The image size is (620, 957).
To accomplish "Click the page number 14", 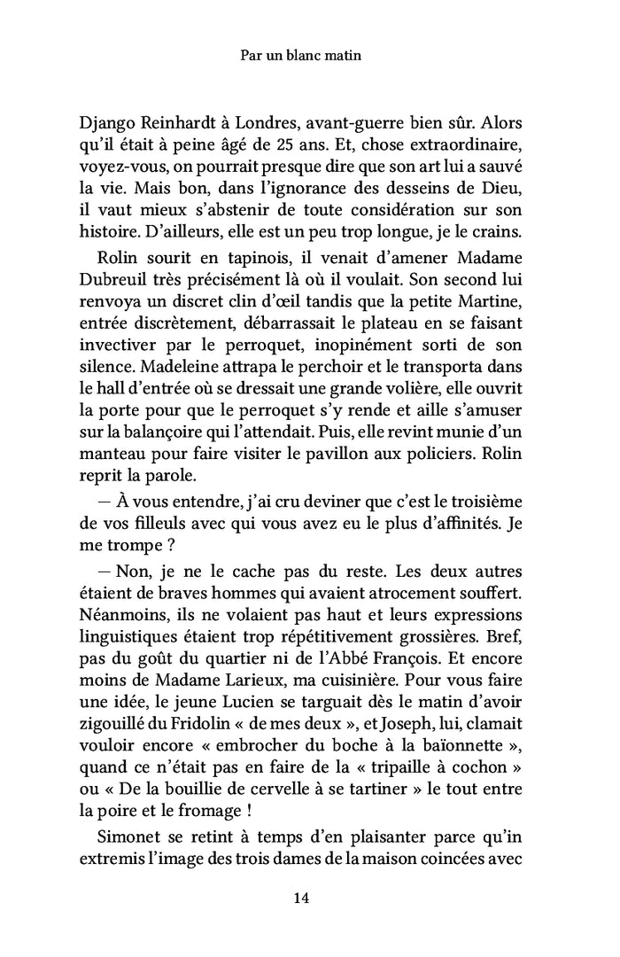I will (300, 899).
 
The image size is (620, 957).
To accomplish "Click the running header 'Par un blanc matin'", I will (300, 56).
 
